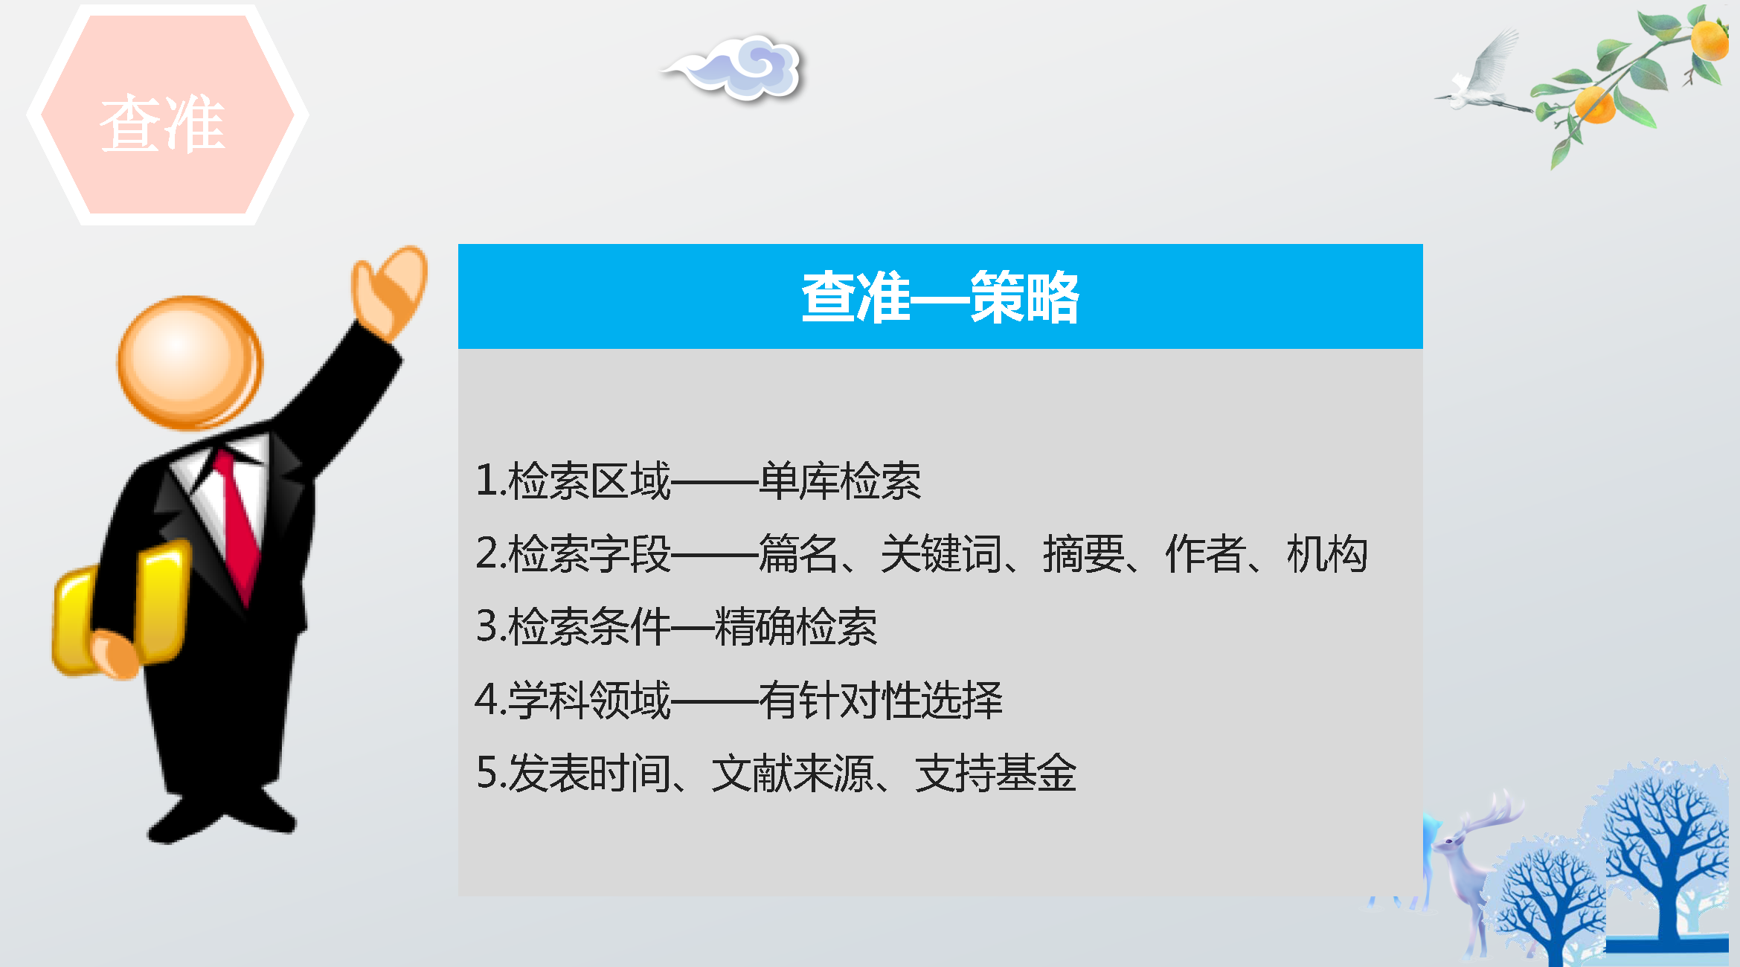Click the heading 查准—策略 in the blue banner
pos(940,297)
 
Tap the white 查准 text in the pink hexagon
pos(163,123)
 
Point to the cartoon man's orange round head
pos(190,362)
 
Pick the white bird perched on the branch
pos(1480,74)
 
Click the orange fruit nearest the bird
pos(1594,104)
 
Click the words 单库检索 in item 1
pos(840,481)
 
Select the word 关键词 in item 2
pos(941,553)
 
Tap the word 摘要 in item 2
pos(1083,553)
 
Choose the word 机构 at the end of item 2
pos(1327,553)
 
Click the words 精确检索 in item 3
pos(795,626)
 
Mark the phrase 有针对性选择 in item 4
pos(881,700)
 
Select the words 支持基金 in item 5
pos(996,773)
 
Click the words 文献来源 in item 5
pos(792,773)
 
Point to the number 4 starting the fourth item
pos(487,700)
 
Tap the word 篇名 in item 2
pos(799,553)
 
